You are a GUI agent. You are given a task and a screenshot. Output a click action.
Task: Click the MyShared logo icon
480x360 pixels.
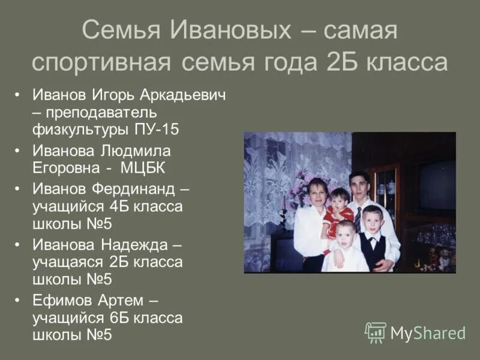[x=376, y=332]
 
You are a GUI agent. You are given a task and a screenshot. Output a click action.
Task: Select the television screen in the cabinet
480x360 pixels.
[x=436, y=184]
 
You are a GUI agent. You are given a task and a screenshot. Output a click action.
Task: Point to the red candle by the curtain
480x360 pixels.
[x=284, y=203]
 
